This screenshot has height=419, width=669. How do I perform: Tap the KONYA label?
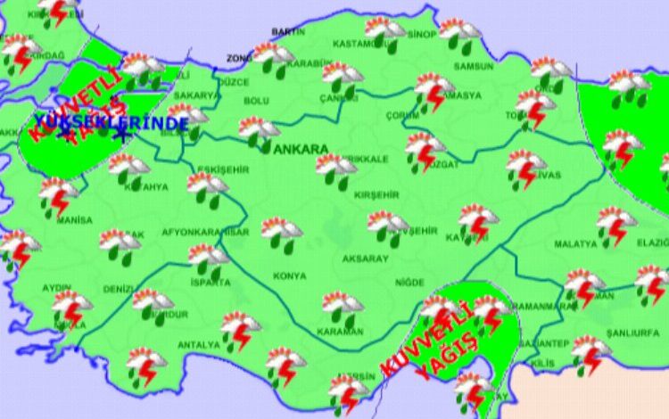pos(289,276)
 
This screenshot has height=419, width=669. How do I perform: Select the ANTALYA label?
pos(198,344)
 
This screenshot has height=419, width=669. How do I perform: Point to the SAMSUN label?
pos(473,66)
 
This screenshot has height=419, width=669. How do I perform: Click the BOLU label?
pos(256,101)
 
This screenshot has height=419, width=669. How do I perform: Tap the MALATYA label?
pos(575,243)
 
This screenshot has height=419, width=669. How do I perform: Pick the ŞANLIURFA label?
pos(631,333)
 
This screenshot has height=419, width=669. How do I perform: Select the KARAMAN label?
pos(341,331)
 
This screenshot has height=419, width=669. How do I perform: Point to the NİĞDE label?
pos(409,282)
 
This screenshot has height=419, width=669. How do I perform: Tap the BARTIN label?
pos(287,31)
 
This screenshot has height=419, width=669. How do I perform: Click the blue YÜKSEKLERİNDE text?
pos(111,122)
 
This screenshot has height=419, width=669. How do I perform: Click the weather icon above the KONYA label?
pos(282,234)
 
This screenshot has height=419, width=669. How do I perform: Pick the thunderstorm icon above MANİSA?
pos(59,195)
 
